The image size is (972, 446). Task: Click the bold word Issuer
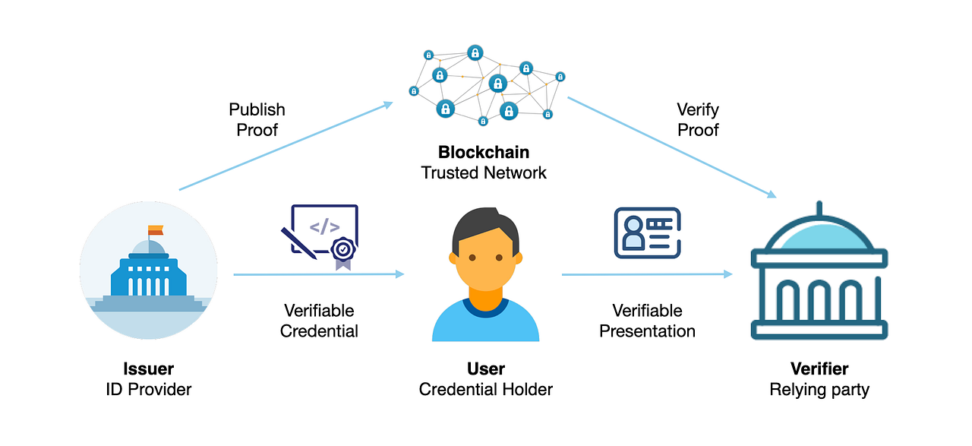tap(148, 369)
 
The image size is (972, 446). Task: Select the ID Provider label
tap(148, 390)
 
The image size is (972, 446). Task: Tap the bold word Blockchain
tap(484, 152)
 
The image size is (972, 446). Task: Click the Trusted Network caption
tap(484, 172)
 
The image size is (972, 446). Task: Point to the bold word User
tap(486, 369)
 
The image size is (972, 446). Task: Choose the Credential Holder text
tap(486, 390)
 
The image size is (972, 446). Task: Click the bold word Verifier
tap(819, 369)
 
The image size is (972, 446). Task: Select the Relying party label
tap(819, 390)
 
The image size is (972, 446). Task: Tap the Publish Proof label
tap(257, 120)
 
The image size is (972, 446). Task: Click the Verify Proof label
tap(697, 120)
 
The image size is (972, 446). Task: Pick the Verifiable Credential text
tap(319, 321)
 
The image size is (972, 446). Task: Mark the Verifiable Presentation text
tap(647, 321)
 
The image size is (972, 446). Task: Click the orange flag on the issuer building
tap(156, 230)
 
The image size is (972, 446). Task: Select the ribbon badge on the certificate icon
tap(344, 251)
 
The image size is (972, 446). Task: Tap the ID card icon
tap(647, 232)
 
